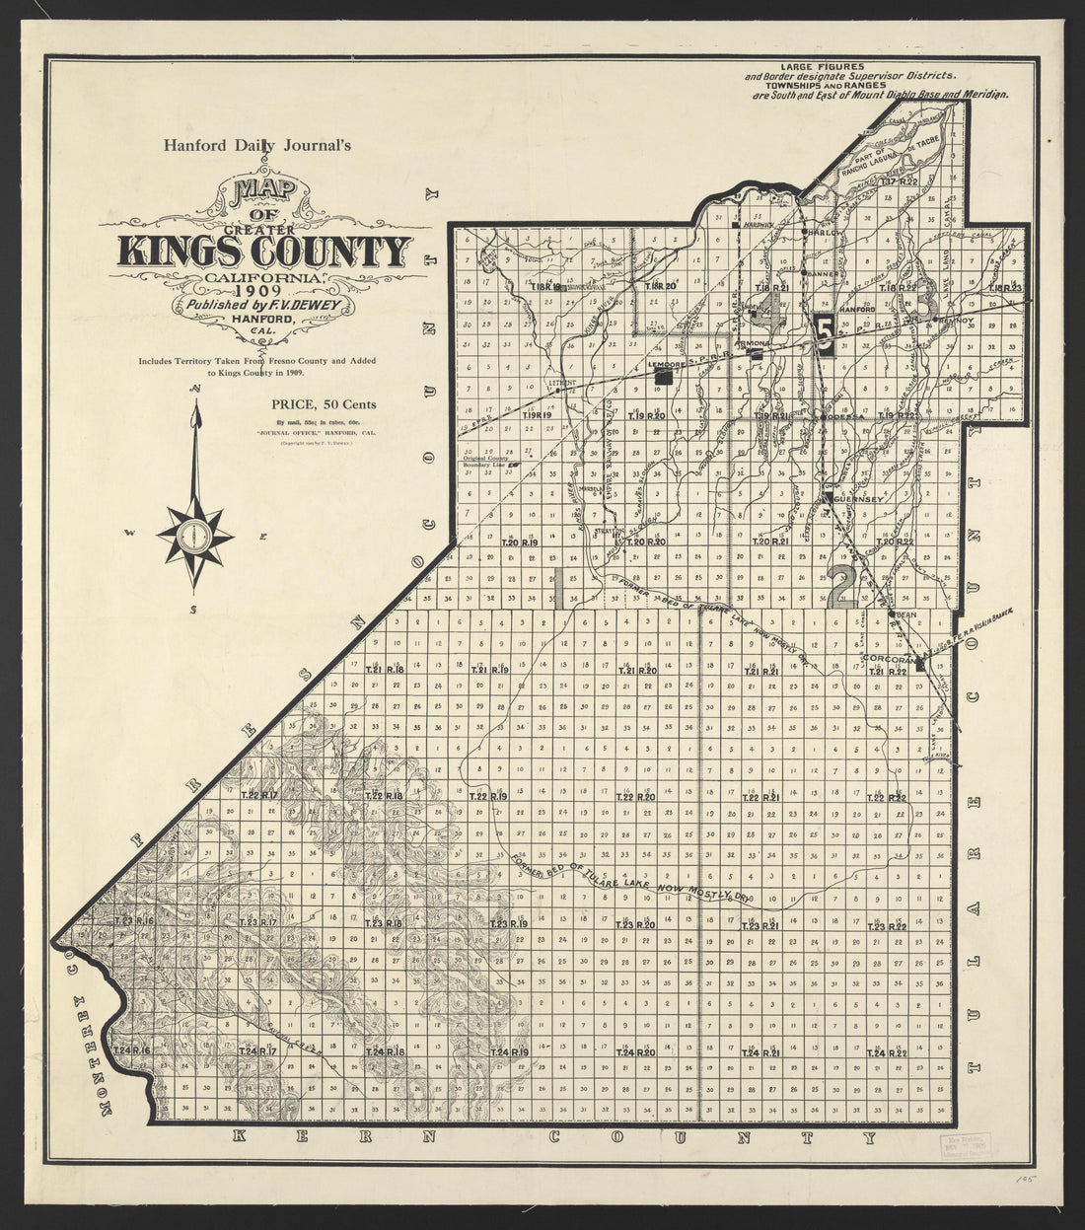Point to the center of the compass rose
tap(194, 536)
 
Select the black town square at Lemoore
tap(666, 376)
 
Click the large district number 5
tap(827, 332)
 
